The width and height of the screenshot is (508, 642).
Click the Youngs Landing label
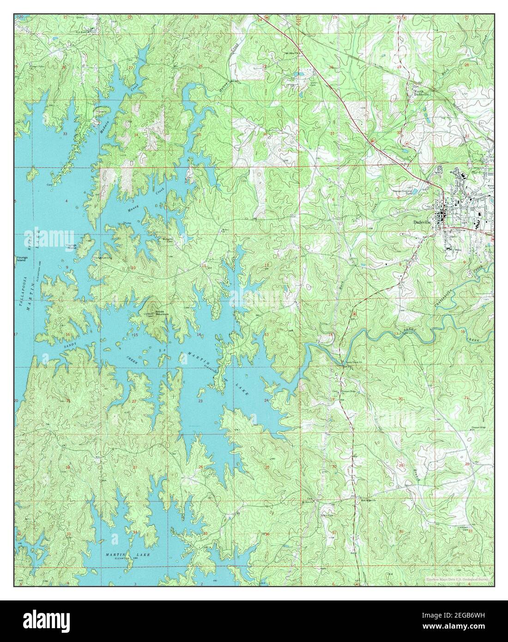[x=102, y=258]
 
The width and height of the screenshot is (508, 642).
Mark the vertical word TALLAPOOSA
[x=21, y=291]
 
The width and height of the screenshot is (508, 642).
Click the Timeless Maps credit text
[x=459, y=579]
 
